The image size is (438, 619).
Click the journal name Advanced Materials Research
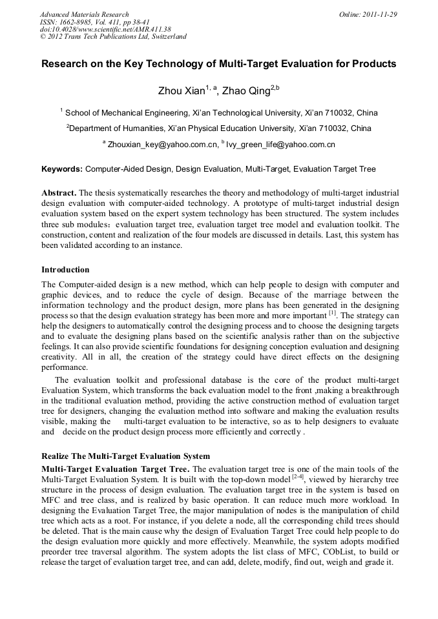(84, 14)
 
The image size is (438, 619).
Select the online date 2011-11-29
(382, 14)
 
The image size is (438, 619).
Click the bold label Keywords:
(61, 169)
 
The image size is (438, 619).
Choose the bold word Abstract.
(58, 193)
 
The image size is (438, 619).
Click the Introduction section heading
(65, 269)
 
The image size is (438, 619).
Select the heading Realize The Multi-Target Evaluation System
(125, 456)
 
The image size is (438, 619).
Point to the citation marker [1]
(332, 313)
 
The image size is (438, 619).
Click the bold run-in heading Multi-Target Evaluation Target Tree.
(115, 469)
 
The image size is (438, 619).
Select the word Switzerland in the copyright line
(167, 37)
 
